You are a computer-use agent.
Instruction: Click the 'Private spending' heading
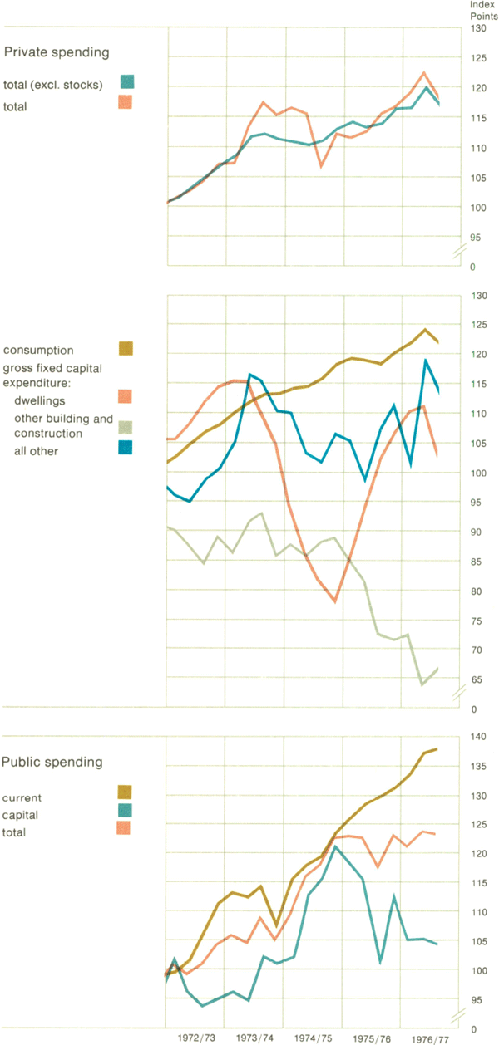coord(57,52)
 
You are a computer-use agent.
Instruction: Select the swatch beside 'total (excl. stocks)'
coord(126,81)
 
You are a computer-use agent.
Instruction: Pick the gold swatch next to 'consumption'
coord(126,348)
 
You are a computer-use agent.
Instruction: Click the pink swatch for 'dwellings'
coord(126,397)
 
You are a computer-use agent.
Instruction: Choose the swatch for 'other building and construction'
coord(126,427)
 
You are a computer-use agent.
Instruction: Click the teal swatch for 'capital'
coord(126,810)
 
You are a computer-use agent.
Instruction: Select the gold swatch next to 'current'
coord(126,792)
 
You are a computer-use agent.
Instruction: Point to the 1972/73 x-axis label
coord(197,1038)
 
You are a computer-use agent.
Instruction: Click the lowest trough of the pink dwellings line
coord(335,601)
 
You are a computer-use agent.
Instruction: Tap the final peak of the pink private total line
coord(424,73)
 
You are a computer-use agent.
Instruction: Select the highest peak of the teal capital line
coord(335,846)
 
